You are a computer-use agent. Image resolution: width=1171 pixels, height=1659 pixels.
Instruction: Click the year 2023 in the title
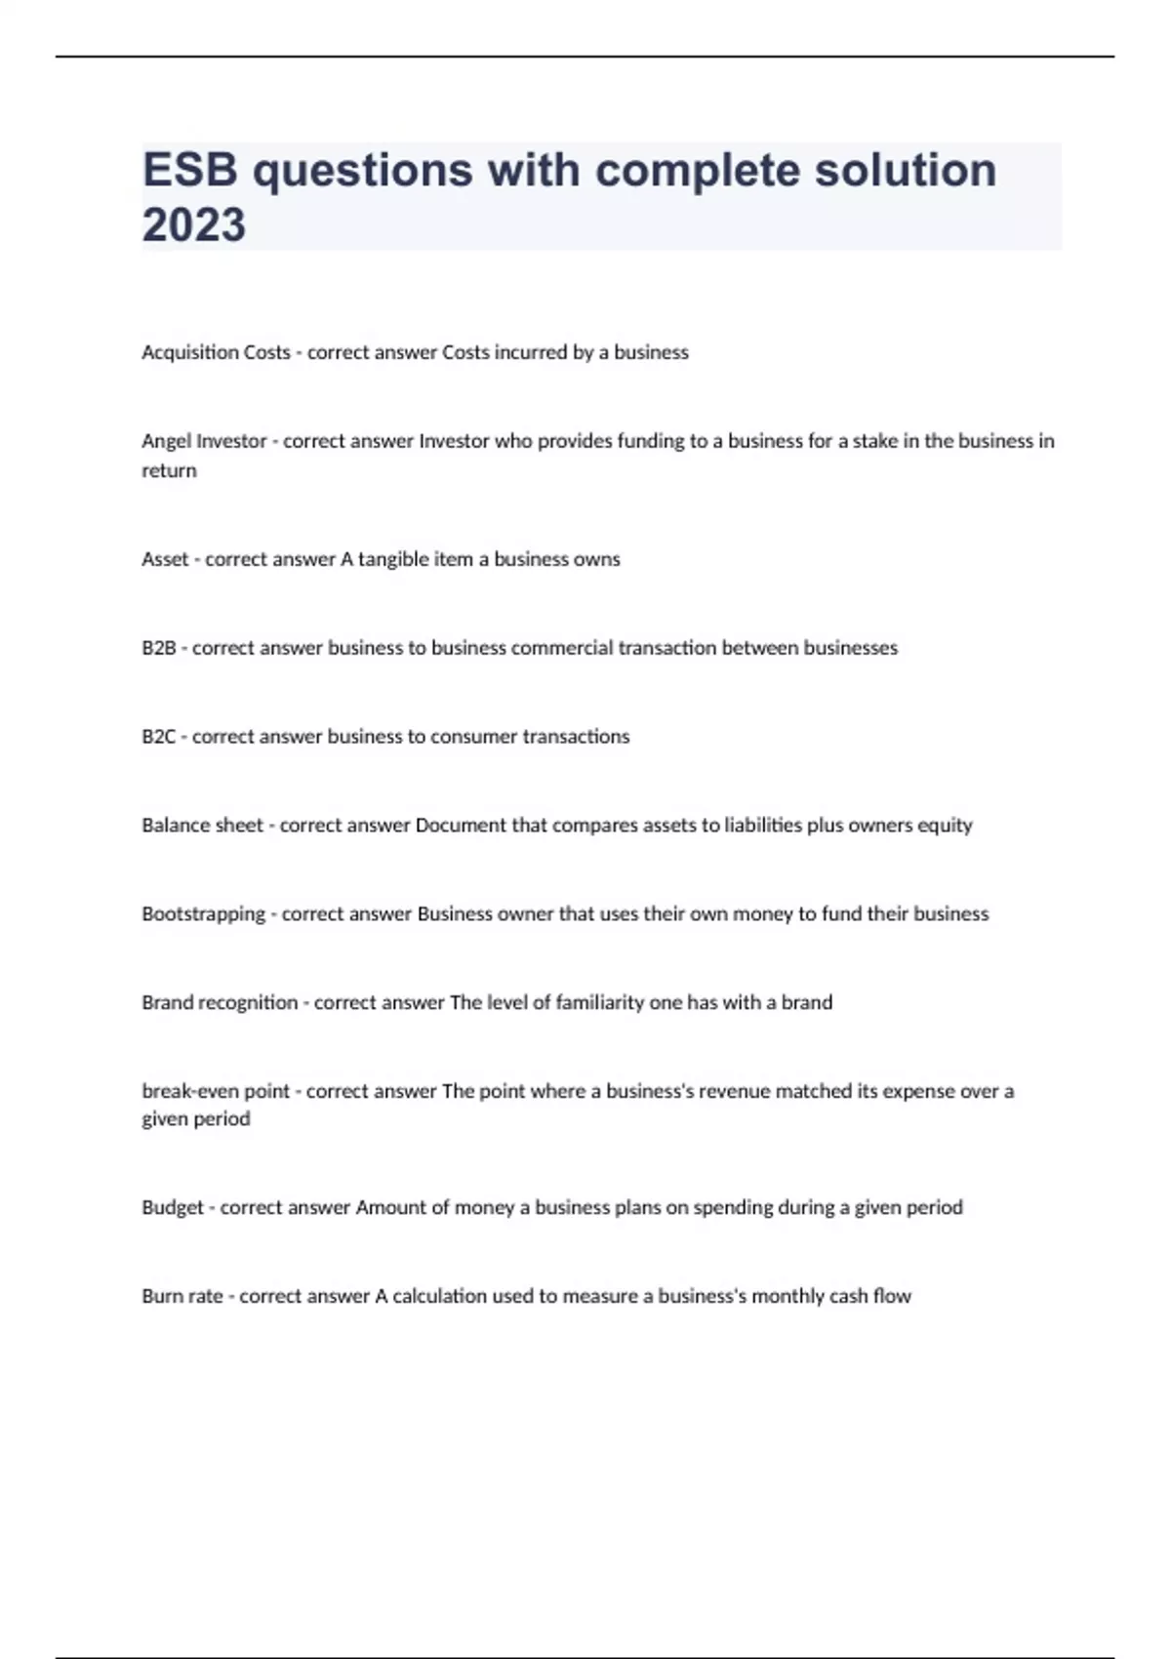pyautogui.click(x=193, y=224)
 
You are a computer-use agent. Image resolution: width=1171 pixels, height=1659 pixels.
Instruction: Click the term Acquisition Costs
pyautogui.click(x=216, y=352)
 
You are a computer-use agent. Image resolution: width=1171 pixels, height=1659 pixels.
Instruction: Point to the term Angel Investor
pyautogui.click(x=204, y=441)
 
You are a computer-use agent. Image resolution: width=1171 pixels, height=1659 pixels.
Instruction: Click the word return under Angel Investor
pyautogui.click(x=169, y=470)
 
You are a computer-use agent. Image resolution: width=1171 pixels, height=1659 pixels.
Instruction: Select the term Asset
pyautogui.click(x=165, y=559)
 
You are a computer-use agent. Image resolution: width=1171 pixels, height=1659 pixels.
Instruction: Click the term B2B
pyautogui.click(x=158, y=648)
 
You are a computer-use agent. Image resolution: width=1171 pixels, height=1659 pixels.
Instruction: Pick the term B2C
pyautogui.click(x=158, y=737)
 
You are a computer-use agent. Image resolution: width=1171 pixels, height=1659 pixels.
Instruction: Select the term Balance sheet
pyautogui.click(x=202, y=826)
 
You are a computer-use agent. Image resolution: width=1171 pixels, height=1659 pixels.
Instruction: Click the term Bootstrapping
pyautogui.click(x=203, y=914)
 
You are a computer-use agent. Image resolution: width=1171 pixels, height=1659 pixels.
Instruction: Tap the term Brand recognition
pyautogui.click(x=220, y=1002)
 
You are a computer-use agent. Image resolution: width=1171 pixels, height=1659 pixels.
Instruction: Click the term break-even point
pyautogui.click(x=216, y=1091)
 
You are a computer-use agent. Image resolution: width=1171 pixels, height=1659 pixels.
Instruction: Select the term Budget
pyautogui.click(x=172, y=1207)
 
